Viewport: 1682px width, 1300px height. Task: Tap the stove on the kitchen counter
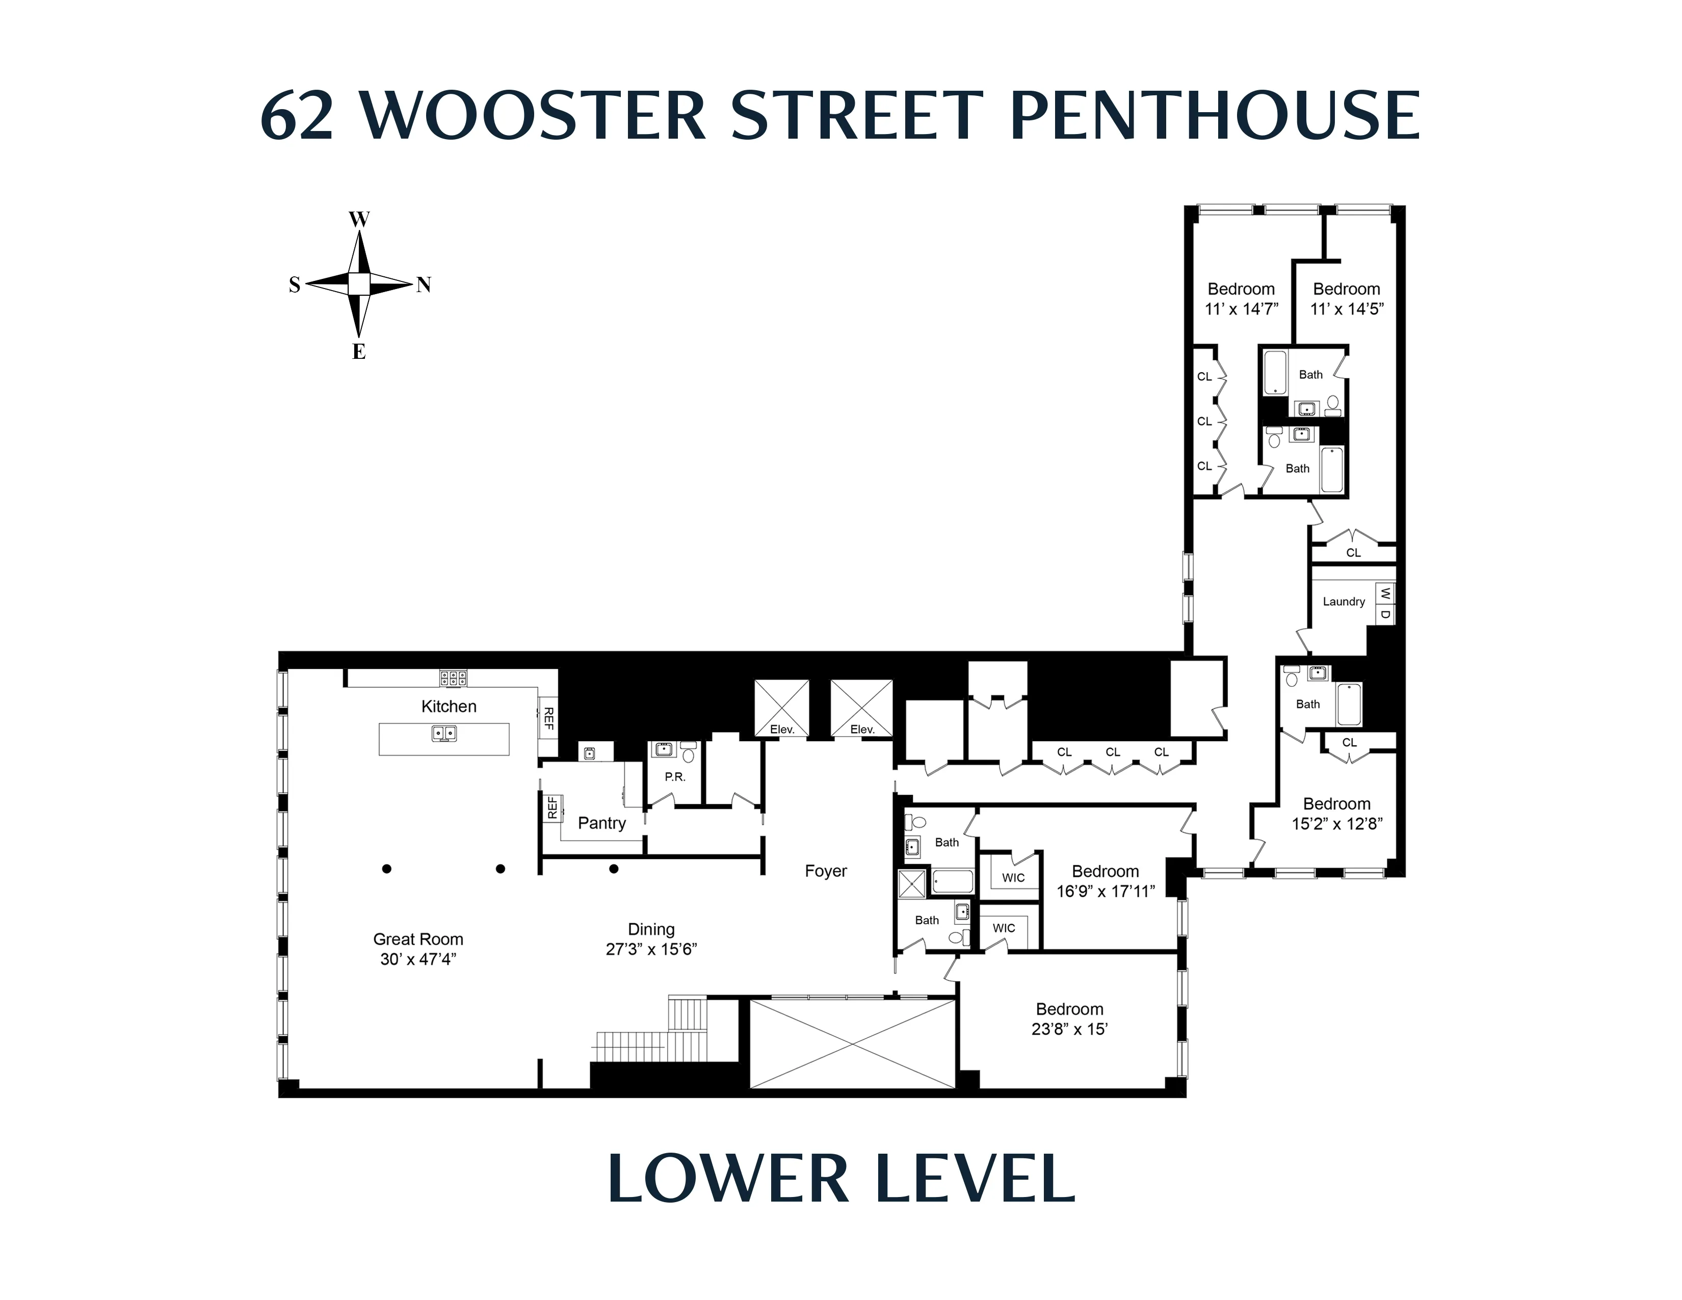453,678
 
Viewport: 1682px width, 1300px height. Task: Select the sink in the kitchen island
443,733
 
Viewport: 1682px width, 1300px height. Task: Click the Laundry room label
1344,602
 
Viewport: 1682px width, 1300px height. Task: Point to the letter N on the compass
424,285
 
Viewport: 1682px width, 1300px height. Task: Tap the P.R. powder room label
675,776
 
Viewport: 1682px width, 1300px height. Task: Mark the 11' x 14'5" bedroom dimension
1347,309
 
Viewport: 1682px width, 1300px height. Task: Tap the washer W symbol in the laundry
1385,593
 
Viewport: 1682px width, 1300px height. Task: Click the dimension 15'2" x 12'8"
1337,823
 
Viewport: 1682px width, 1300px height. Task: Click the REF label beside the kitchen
549,718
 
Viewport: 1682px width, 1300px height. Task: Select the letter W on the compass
359,220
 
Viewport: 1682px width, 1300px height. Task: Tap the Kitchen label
449,706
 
